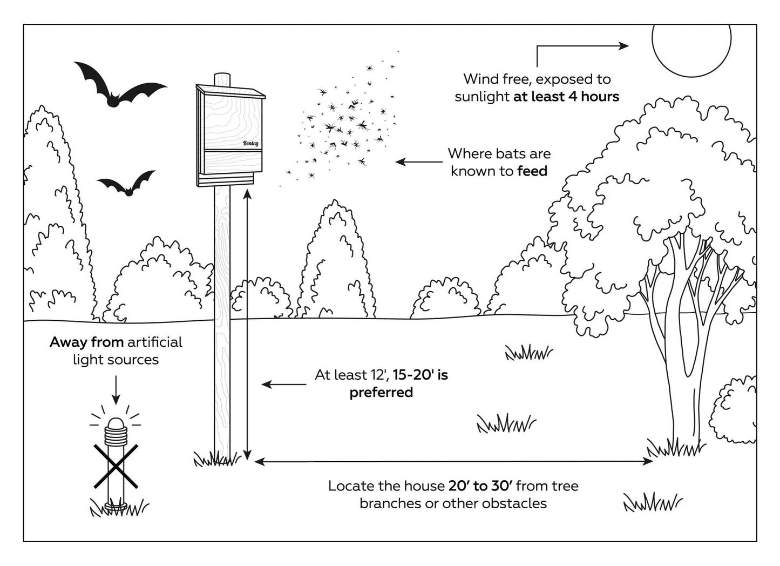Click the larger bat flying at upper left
click(x=116, y=89)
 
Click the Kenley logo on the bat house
click(x=250, y=143)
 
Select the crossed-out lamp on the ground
click(x=116, y=464)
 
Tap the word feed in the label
click(x=532, y=171)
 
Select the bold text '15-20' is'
click(x=420, y=375)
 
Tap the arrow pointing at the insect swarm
click(x=419, y=161)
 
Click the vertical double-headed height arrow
click(x=247, y=324)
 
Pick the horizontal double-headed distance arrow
click(x=453, y=461)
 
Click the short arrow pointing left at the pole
click(x=283, y=385)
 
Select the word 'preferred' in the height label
click(x=381, y=392)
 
